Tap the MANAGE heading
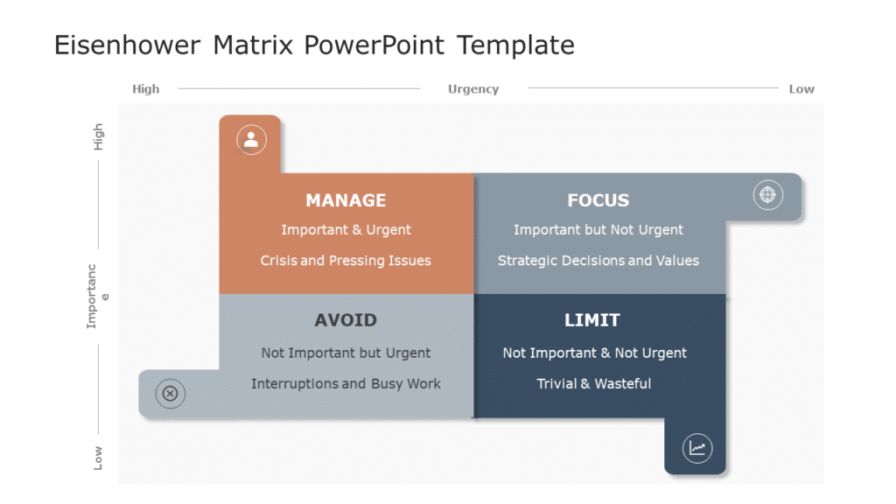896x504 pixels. [346, 200]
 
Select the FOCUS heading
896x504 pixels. [598, 200]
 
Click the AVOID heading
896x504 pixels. [346, 320]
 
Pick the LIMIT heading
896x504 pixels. [591, 320]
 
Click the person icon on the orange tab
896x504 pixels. [251, 139]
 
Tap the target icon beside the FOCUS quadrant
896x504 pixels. [767, 194]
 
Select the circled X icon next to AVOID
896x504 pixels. [170, 394]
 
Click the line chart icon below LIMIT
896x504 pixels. [696, 449]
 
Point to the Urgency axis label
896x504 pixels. [473, 89]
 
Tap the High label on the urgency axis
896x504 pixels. [146, 89]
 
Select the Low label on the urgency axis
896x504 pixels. [801, 89]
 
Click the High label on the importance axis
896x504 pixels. [98, 136]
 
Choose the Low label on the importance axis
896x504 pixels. [98, 458]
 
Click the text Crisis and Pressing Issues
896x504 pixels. [346, 261]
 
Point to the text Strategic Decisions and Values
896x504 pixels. [598, 261]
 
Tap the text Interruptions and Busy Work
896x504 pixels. [346, 384]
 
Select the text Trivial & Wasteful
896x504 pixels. [593, 384]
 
